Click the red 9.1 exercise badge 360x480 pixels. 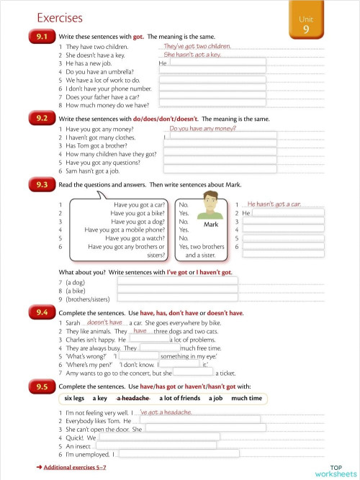point(40,36)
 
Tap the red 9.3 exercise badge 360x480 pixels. point(40,185)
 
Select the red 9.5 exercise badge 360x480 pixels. point(40,386)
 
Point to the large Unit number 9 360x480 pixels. point(306,29)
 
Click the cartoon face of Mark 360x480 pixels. point(210,206)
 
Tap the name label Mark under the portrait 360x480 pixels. point(211,225)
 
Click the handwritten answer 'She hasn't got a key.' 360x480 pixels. point(192,55)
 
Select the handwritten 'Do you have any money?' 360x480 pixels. point(202,129)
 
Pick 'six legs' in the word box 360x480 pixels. point(74,398)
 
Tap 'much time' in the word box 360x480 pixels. point(246,398)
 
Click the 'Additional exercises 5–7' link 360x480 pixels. point(74,468)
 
